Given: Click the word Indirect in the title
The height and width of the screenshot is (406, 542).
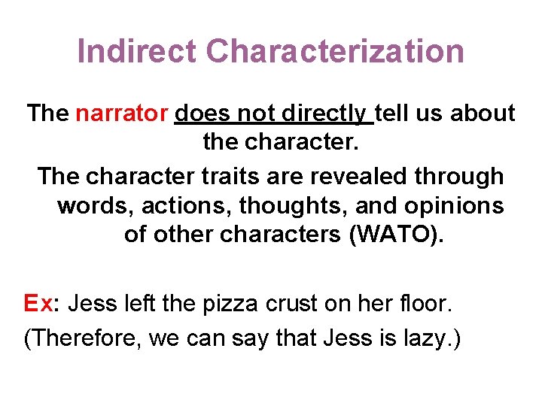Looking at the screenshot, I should pyautogui.click(x=137, y=52).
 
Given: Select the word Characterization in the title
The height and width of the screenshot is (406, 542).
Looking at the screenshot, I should pyautogui.click(x=335, y=52).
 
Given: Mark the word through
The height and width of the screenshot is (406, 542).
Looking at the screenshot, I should pyautogui.click(x=460, y=177).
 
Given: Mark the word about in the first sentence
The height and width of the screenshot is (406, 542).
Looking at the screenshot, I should pyautogui.click(x=482, y=114).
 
